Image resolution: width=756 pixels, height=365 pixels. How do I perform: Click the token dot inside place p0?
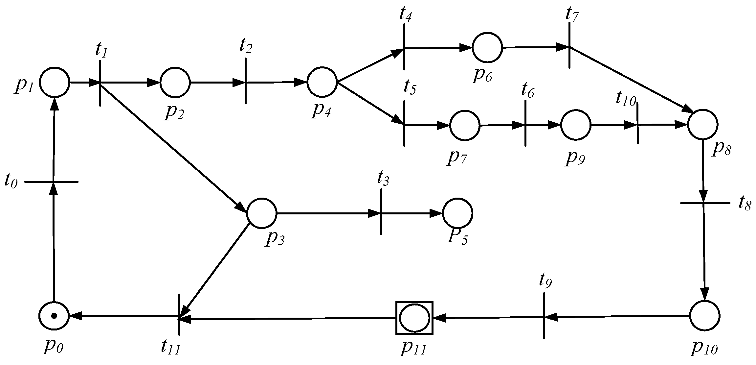54,316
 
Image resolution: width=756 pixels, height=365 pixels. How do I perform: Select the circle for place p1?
55,82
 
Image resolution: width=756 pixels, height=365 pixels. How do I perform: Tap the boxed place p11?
414,318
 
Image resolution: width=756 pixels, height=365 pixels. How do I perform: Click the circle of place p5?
457,213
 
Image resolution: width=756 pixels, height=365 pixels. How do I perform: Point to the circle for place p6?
487,47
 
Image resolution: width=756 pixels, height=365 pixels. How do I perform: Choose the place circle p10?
705,316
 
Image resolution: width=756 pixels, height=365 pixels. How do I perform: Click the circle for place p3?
262,213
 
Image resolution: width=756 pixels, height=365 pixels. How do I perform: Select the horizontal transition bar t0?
52,182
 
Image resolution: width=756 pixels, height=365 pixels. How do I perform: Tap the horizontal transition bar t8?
705,203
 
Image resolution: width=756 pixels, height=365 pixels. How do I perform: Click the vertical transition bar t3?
381,212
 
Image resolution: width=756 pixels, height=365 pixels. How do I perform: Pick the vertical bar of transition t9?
544,315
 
